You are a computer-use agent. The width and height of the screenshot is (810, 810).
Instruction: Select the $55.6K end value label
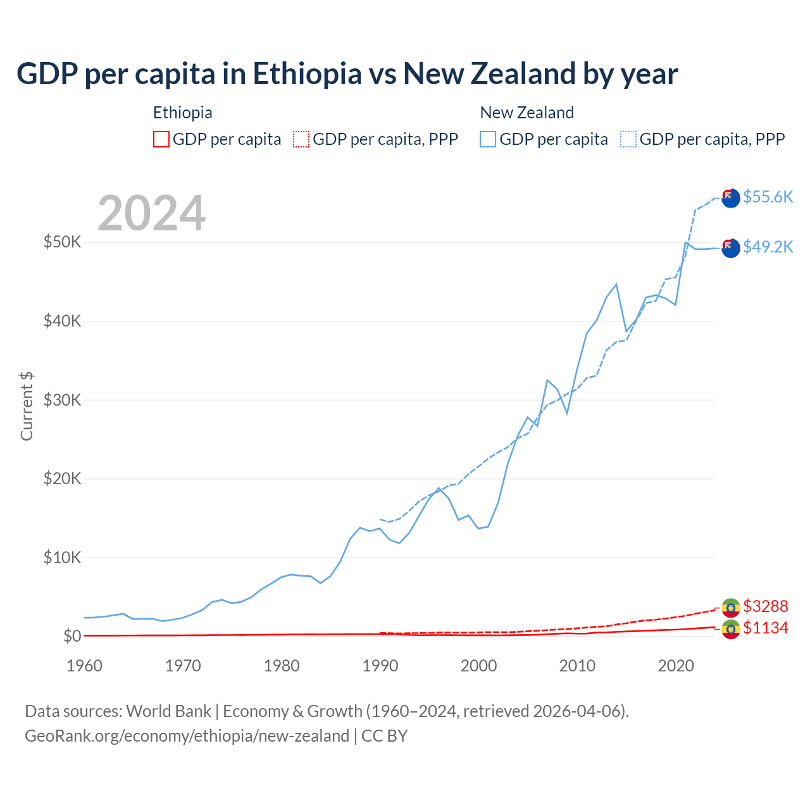tap(768, 197)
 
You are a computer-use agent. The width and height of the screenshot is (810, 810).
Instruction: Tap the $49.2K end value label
tap(768, 247)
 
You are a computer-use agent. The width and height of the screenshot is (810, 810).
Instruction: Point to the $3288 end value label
tap(765, 606)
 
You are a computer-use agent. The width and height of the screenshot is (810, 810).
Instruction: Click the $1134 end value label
tap(765, 628)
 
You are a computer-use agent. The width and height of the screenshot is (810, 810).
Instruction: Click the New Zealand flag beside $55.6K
tap(731, 198)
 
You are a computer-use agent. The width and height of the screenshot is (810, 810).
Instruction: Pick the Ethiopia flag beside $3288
tap(731, 607)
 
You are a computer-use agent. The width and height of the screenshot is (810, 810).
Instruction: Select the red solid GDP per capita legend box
tap(161, 139)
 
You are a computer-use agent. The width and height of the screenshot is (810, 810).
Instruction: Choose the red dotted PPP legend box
tap(301, 139)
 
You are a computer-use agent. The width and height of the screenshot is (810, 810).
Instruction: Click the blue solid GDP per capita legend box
tap(488, 139)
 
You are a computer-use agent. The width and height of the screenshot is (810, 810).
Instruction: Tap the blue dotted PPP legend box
tap(628, 139)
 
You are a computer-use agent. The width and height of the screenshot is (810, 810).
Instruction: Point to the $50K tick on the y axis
tap(62, 242)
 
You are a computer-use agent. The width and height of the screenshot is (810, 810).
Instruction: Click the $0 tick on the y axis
tap(72, 636)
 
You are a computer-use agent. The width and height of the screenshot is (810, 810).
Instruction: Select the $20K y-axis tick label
tap(62, 478)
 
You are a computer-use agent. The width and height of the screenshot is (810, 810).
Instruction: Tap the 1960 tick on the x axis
tap(84, 666)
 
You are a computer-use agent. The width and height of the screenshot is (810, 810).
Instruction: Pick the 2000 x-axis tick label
tap(478, 666)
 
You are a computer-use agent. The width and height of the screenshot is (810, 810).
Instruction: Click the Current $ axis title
tap(27, 406)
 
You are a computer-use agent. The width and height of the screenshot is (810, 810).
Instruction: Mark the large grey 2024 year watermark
tap(151, 213)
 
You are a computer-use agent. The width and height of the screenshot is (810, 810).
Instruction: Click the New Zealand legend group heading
tap(526, 113)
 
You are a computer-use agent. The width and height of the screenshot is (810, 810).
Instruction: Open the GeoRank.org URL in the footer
tap(187, 736)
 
